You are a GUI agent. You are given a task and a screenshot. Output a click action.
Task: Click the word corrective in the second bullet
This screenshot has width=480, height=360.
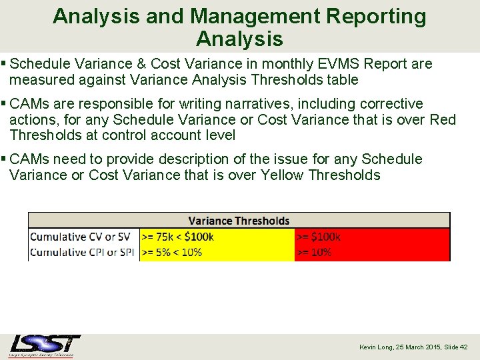pos(391,104)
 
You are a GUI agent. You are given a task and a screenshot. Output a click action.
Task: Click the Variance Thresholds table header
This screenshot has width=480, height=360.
pos(239,221)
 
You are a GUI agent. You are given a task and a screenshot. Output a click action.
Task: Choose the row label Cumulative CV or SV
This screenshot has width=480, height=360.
pos(81,237)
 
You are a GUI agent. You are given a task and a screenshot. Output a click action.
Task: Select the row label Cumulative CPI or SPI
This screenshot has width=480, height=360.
pos(83,252)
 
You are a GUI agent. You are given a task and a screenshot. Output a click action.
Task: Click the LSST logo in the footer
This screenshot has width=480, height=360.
pos(45,345)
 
